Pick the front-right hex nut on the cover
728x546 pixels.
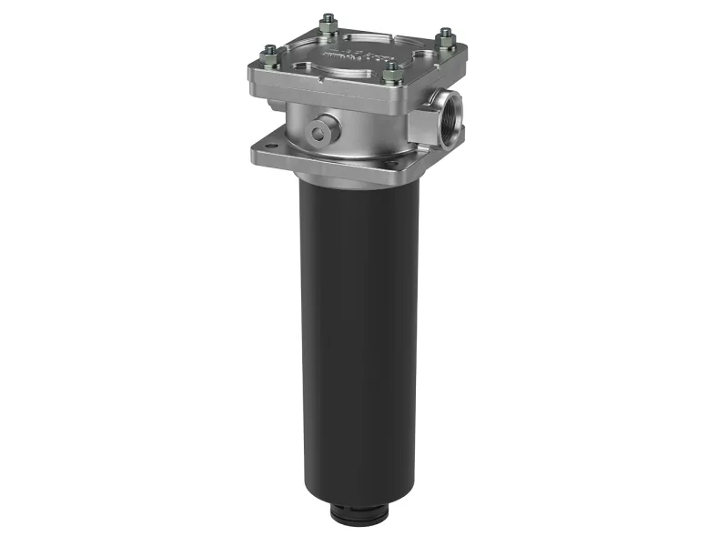coord(393,69)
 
